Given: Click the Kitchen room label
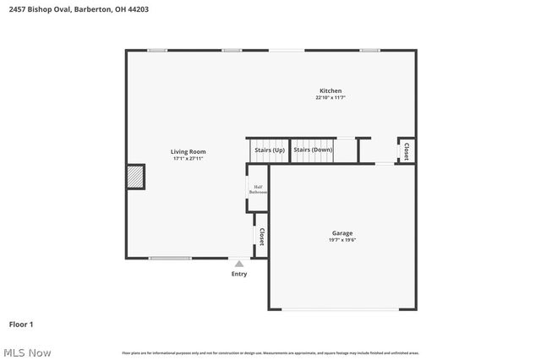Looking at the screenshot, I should tap(331, 91).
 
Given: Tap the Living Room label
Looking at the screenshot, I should tap(189, 151).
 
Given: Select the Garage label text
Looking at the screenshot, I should tap(342, 233).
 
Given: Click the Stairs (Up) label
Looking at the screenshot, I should tap(269, 150).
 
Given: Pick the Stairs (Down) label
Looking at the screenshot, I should tap(313, 150).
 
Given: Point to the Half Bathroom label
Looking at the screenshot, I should tap(258, 190).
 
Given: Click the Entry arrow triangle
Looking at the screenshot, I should tap(239, 265).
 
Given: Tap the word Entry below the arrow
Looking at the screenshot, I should tap(239, 274).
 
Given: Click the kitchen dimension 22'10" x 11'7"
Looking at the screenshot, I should tap(331, 98).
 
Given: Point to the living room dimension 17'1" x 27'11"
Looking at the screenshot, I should tap(189, 158).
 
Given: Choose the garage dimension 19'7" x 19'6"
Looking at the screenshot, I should tap(342, 240).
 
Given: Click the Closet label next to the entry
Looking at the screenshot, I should tap(262, 237).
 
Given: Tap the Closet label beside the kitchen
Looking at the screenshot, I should tap(406, 151).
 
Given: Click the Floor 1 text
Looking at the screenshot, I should tap(21, 324).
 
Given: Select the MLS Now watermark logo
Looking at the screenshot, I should tap(27, 352).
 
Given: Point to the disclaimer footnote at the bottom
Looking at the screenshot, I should tap(270, 352).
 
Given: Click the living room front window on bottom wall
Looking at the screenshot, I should tap(170, 258).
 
